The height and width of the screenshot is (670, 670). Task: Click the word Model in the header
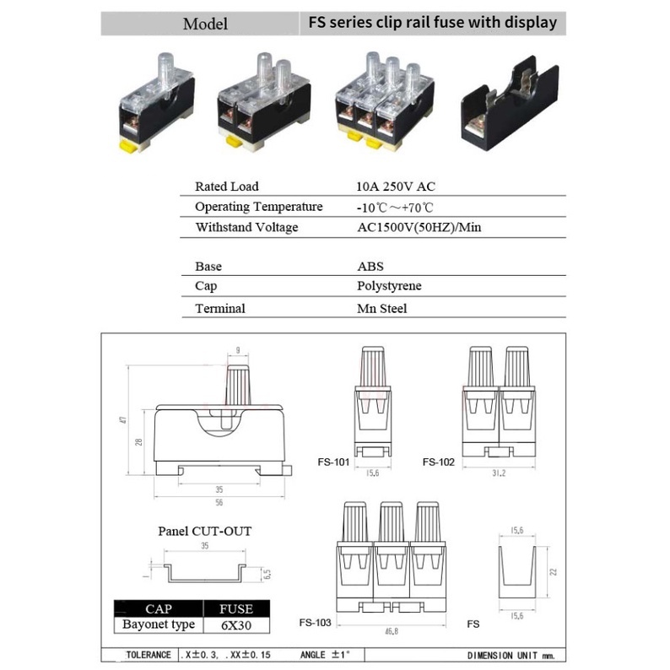tap(205, 24)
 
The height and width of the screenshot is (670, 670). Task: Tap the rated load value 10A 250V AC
tap(396, 186)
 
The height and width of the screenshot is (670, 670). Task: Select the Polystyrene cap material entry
tap(389, 285)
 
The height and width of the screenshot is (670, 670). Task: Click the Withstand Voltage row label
tap(246, 227)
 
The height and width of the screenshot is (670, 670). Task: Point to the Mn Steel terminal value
tap(382, 308)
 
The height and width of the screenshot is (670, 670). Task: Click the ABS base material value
tap(370, 266)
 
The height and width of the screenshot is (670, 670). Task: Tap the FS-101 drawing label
tap(333, 462)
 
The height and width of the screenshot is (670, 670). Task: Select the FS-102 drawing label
tap(439, 462)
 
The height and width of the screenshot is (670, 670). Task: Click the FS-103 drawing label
tap(315, 623)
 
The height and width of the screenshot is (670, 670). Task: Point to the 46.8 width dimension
tap(392, 631)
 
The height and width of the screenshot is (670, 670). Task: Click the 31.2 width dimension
tap(499, 473)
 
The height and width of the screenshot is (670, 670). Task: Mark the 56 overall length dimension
tap(219, 503)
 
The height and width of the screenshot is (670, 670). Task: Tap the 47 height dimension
tap(124, 419)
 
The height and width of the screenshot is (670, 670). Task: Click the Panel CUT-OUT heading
tap(205, 531)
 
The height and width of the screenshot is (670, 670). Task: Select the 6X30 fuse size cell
tap(236, 625)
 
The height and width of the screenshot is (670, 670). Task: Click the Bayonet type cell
tap(159, 624)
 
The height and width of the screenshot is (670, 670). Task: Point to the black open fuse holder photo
tap(510, 104)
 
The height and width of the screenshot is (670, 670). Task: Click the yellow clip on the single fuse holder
tap(128, 146)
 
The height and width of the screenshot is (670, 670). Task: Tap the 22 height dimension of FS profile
tap(554, 572)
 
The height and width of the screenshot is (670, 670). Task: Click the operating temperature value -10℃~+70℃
tap(395, 208)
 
